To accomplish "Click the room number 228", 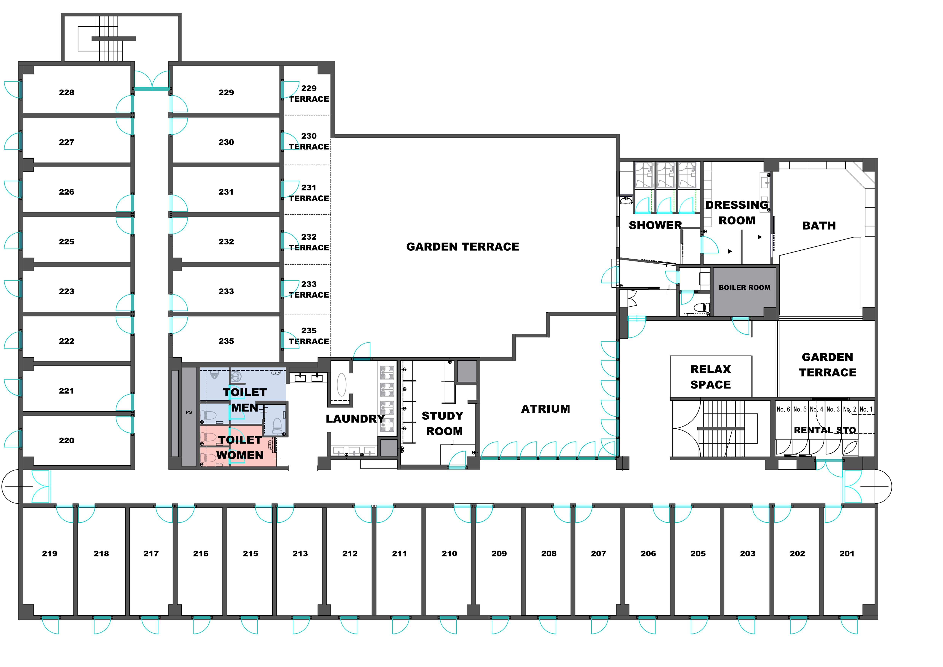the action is pyautogui.click(x=67, y=92).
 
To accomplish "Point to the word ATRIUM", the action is pyautogui.click(x=545, y=409).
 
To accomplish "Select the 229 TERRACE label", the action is pyautogui.click(x=309, y=94).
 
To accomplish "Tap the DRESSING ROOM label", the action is pyautogui.click(x=737, y=213).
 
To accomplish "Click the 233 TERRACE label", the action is pyautogui.click(x=309, y=290).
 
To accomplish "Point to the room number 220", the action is pyautogui.click(x=67, y=440).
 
